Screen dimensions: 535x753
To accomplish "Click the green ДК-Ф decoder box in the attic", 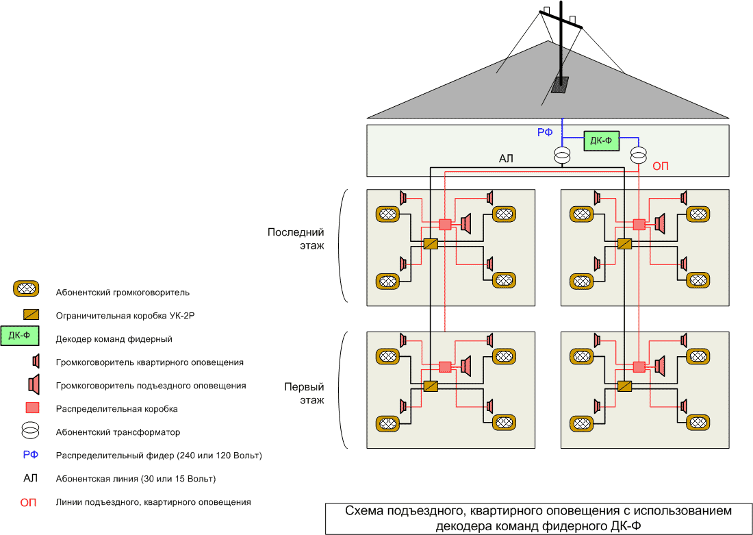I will coord(600,142).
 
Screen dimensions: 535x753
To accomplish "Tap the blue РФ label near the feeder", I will coord(545,133).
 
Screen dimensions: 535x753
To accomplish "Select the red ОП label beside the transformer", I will coord(661,166).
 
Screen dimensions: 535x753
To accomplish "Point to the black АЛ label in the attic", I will coord(507,160).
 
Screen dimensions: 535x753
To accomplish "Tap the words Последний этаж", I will coord(296,239).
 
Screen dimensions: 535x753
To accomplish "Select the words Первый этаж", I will coord(304,393).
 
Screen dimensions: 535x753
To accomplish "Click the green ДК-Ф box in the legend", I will coord(20,337).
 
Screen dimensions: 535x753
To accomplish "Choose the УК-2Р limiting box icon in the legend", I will coord(31,315).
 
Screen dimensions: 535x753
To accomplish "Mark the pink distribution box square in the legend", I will coord(31,408).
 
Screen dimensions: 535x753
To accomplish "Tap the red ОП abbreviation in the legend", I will coord(29,503).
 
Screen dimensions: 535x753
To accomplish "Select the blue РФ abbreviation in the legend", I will coord(31,455).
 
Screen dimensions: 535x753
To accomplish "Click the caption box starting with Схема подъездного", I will coord(538,519).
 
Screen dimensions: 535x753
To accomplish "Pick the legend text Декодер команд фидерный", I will coord(114,339).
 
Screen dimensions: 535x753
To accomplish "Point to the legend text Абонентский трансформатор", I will coord(118,432).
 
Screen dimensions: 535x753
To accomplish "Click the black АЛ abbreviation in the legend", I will coord(31,478).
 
